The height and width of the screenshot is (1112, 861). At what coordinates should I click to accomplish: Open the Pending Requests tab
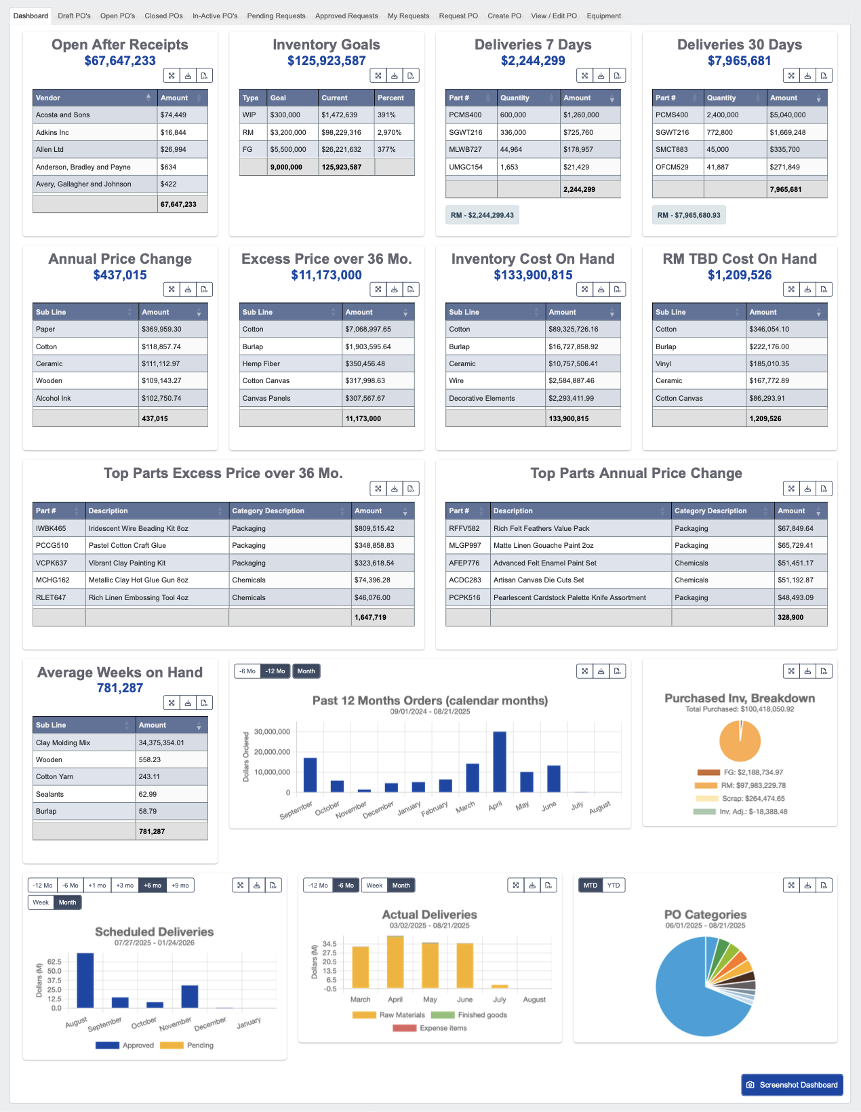pos(276,16)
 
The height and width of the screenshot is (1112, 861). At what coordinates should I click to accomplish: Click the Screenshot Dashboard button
pos(792,1085)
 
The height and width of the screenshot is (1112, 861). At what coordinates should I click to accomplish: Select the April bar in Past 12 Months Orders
pos(500,762)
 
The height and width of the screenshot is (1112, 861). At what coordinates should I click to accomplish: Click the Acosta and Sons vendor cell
pos(63,115)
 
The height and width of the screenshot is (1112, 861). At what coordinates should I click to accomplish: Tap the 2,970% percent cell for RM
pos(390,133)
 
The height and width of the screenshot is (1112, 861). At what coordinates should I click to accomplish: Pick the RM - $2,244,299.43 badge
pos(482,215)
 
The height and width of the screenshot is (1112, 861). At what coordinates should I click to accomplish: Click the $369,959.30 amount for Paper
pos(161,330)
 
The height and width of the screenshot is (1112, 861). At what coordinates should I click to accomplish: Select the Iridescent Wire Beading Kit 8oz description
pos(138,529)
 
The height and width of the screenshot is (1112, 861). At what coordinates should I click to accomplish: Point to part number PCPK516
pos(464,598)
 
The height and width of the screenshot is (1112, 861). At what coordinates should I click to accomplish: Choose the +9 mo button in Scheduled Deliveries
pos(180,886)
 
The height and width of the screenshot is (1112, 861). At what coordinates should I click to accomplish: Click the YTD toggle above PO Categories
pos(614,886)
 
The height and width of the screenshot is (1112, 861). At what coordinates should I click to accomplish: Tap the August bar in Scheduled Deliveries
pos(85,980)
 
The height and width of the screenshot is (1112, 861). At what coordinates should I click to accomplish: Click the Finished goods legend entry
pos(482,1015)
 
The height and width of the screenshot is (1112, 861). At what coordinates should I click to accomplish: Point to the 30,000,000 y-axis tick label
pos(272,732)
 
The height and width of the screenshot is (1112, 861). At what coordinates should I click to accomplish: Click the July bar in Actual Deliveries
pos(500,987)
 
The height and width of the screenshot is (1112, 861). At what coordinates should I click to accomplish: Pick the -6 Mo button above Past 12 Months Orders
pos(247,671)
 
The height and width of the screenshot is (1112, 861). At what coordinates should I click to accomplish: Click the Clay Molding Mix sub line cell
pos(63,743)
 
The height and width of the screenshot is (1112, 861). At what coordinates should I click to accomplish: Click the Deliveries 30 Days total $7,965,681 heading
pos(739,61)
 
